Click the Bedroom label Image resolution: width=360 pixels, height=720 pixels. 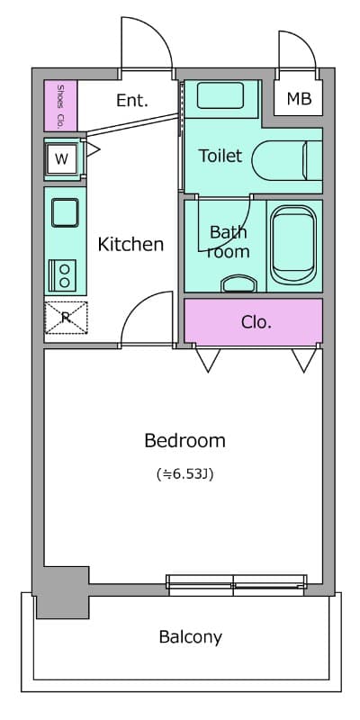coord(184,441)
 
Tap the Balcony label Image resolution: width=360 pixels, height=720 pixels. coord(191,637)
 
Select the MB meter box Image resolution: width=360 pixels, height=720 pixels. coord(299,98)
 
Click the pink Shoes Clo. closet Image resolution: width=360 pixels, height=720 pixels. coord(60,105)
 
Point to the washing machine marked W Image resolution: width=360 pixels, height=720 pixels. coord(62,159)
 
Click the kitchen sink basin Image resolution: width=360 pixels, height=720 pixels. coord(65,212)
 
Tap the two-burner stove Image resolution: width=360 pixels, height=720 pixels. coord(63,275)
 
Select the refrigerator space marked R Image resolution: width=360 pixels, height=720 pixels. coord(66,318)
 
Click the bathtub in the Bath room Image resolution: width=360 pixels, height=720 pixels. coord(293,244)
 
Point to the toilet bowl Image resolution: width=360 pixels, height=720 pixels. coord(287,160)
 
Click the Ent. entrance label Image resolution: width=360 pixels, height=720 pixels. coord(132,100)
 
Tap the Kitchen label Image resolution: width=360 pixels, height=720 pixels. coord(130,244)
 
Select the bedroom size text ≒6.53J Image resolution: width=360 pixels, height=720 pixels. coord(185,474)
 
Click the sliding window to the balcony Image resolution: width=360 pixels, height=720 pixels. coord(236,585)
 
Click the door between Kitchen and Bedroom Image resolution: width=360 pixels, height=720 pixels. coord(146,318)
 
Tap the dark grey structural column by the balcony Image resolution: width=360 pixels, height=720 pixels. coord(62,592)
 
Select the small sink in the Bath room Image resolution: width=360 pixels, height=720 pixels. coord(238,283)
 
